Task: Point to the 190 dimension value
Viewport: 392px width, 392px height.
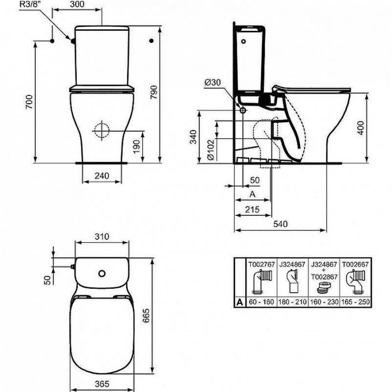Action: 144,146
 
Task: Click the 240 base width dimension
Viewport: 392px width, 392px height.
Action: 101,176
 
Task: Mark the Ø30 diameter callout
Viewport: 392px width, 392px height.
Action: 213,82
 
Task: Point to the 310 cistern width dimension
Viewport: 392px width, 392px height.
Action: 101,237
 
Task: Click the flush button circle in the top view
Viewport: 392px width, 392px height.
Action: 102,274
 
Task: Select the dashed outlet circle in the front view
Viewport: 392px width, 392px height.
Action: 102,130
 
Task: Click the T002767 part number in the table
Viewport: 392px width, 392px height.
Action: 260,261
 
